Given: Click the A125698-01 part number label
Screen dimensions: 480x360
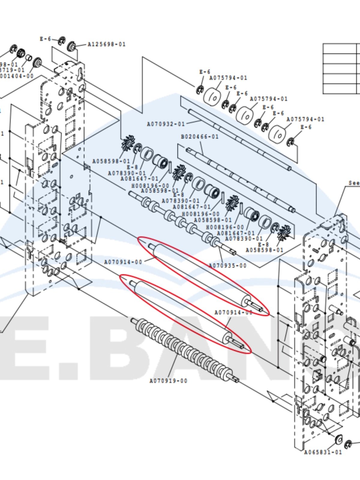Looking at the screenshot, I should pyautogui.click(x=106, y=44).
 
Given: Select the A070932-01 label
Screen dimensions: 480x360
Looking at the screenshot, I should pyautogui.click(x=166, y=124).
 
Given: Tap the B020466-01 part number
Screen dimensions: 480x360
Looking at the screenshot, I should pyautogui.click(x=200, y=137).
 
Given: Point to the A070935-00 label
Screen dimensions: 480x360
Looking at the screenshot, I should pyautogui.click(x=227, y=265).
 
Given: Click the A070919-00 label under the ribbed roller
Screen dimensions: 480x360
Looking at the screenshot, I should pyautogui.click(x=168, y=381).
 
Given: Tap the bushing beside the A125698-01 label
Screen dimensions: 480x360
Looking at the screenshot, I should pyautogui.click(x=72, y=46).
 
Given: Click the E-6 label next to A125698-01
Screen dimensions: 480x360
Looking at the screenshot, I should pyautogui.click(x=45, y=39).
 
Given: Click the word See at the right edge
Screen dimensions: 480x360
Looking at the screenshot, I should pyautogui.click(x=354, y=183).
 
